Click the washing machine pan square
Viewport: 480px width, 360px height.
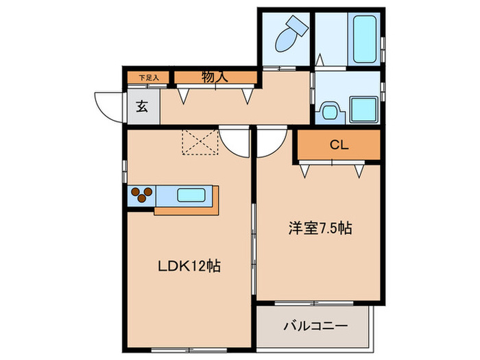pyautogui.click(x=362, y=108)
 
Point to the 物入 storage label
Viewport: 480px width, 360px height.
pyautogui.click(x=215, y=77)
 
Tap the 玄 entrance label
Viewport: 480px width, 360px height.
pyautogui.click(x=142, y=106)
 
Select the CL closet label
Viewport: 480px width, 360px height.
pyautogui.click(x=339, y=145)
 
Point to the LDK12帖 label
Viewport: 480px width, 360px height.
pyautogui.click(x=189, y=266)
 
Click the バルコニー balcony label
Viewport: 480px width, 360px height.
pyautogui.click(x=315, y=326)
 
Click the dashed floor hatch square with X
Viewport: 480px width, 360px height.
pyautogui.click(x=199, y=142)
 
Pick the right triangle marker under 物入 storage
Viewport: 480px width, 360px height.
pyautogui.click(x=246, y=97)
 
